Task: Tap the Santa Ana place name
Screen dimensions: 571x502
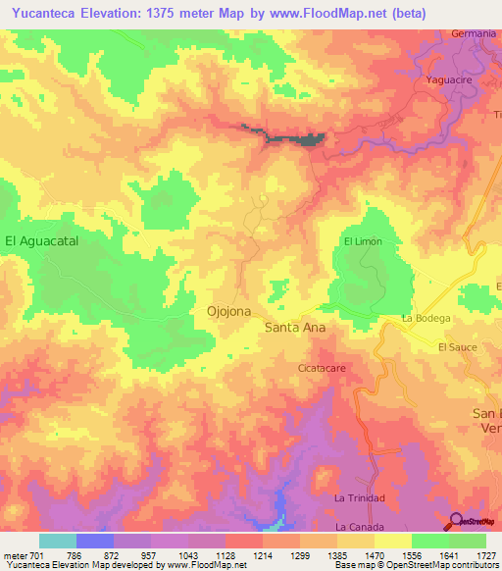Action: click(x=295, y=329)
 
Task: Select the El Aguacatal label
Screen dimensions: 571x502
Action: click(x=41, y=239)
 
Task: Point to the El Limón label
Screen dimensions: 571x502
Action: click(x=362, y=241)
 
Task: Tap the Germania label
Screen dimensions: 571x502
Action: click(x=474, y=33)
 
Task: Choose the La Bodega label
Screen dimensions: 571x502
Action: click(x=427, y=319)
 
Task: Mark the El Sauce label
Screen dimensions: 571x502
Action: click(x=456, y=347)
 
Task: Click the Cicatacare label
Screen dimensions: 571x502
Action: click(x=324, y=368)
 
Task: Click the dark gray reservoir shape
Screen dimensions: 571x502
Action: click(x=312, y=139)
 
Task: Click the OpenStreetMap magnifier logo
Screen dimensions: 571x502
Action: click(x=457, y=521)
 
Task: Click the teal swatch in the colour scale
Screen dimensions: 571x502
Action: click(x=58, y=541)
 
